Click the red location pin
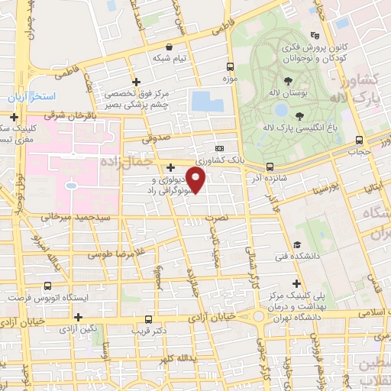[196, 180]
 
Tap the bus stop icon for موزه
[230, 66]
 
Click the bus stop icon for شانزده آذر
[270, 166]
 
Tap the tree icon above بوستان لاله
[288, 80]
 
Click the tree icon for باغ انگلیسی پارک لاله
[299, 115]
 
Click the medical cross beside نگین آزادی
[78, 316]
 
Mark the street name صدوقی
[157, 138]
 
